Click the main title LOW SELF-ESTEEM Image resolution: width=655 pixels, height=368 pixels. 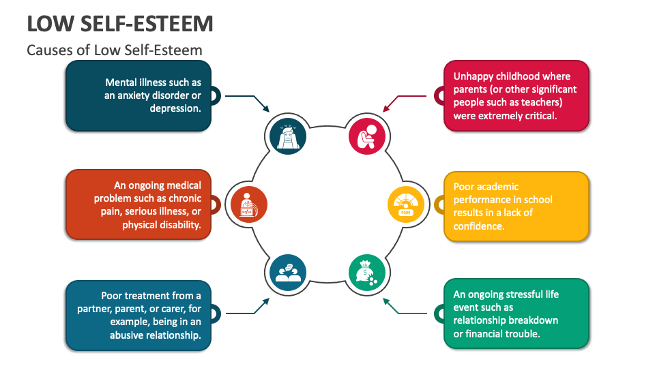click(120, 23)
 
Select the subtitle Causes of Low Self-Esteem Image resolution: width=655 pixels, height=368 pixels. click(115, 50)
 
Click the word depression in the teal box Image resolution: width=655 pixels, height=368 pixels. click(175, 108)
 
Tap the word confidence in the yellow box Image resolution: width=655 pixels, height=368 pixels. click(479, 226)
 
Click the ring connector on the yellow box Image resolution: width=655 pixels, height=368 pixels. click(439, 204)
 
